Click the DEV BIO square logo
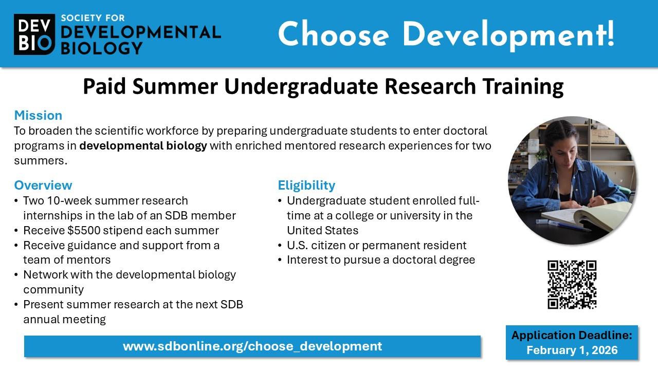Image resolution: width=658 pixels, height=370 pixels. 34,34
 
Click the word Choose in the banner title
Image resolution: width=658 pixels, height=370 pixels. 334,34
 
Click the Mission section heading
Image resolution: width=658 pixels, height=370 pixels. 38,115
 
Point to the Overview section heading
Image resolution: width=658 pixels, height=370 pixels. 43,185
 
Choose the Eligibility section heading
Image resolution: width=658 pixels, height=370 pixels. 306,186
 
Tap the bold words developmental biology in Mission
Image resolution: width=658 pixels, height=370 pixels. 143,146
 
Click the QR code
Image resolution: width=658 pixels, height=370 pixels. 572,285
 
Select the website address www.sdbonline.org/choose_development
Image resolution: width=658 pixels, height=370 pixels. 252,346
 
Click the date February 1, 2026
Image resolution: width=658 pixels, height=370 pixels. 572,350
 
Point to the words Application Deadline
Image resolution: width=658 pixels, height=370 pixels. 572,335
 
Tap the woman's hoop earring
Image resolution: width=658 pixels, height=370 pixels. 551,160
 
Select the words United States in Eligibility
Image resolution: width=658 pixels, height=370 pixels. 322,231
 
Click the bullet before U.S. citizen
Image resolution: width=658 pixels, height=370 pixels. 280,246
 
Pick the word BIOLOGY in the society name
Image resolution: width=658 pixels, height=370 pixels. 102,48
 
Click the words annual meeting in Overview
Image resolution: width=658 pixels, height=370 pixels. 65,320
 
